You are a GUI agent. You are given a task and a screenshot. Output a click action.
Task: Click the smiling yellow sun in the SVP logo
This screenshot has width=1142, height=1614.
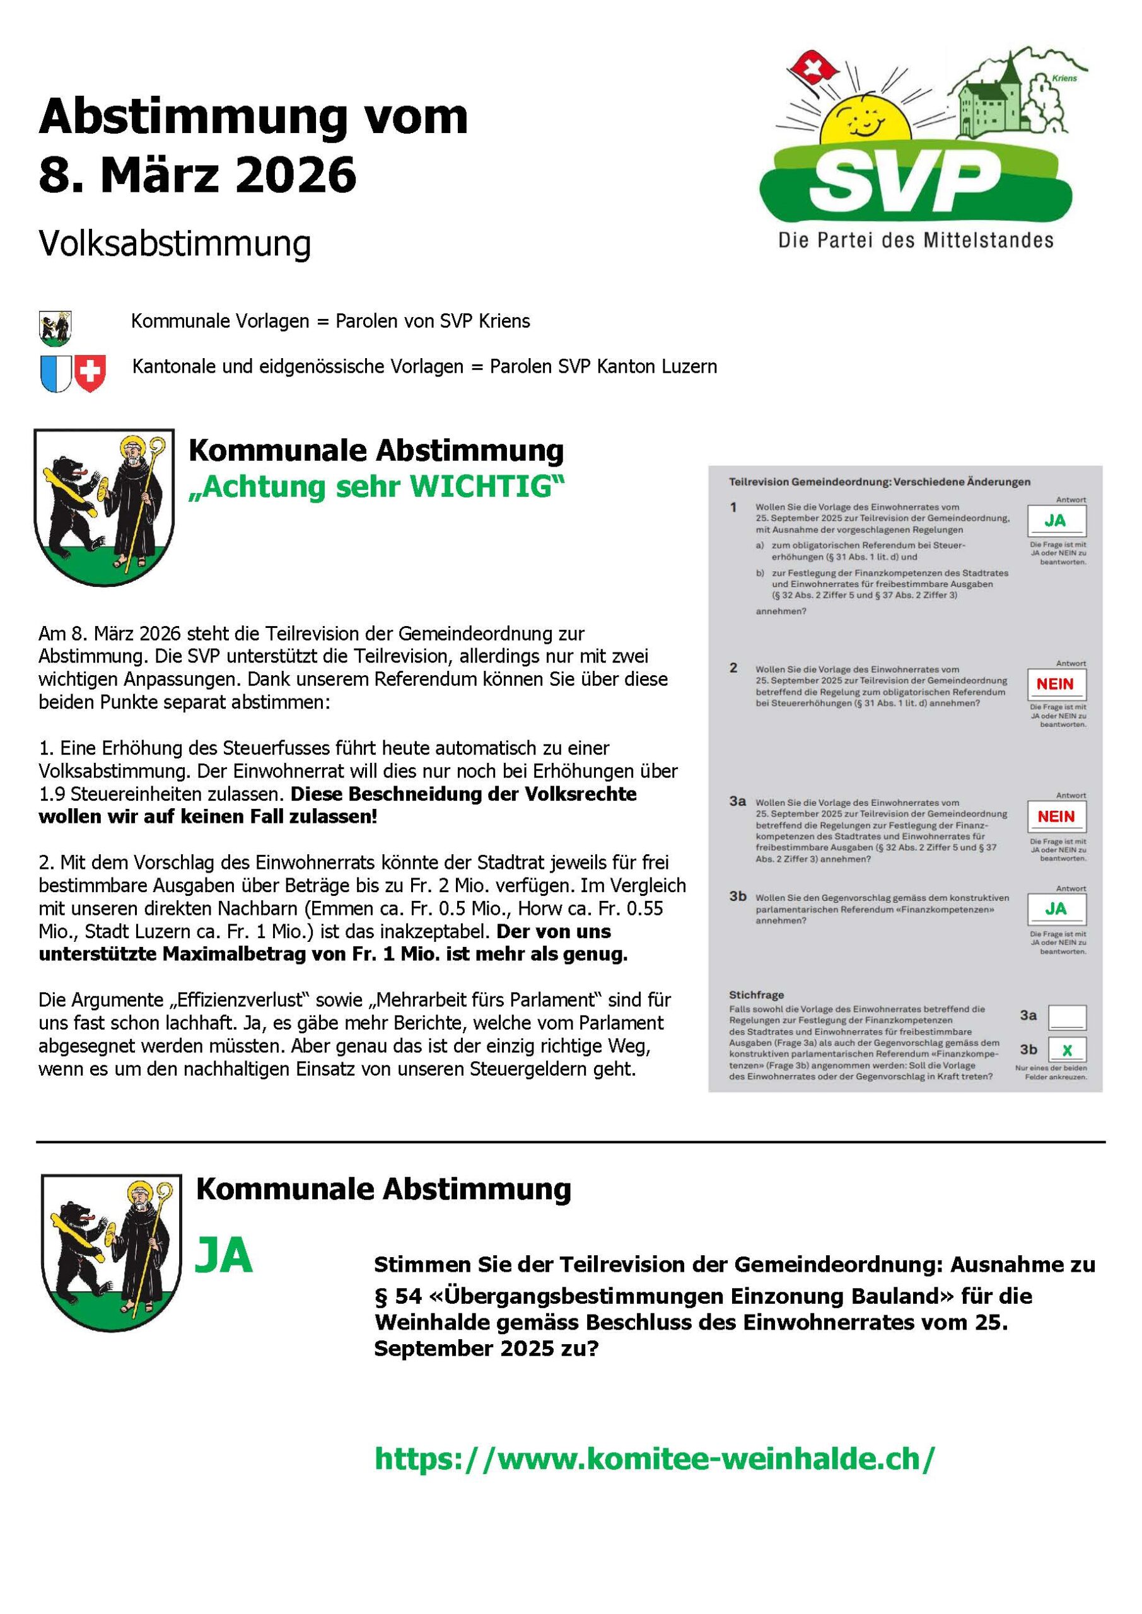pyautogui.click(x=867, y=120)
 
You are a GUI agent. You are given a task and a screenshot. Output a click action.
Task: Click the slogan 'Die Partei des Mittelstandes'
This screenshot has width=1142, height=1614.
pyautogui.click(x=915, y=241)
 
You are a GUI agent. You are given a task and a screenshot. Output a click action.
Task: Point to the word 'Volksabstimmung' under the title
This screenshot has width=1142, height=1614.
pyautogui.click(x=175, y=244)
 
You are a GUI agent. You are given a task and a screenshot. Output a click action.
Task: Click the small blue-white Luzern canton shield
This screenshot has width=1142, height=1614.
pyautogui.click(x=55, y=373)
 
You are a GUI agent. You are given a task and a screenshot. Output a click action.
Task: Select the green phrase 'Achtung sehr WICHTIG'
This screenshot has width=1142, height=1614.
pyautogui.click(x=376, y=487)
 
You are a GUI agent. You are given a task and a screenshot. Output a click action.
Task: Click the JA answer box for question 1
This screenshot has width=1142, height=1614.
pyautogui.click(x=1056, y=521)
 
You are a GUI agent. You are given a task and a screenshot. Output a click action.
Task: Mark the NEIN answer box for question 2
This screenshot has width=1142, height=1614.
pyautogui.click(x=1056, y=684)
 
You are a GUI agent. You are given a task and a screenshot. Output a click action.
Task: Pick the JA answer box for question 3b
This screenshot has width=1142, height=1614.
pyautogui.click(x=1056, y=909)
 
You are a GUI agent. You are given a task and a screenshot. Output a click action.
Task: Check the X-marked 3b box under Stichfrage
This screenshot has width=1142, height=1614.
pyautogui.click(x=1067, y=1051)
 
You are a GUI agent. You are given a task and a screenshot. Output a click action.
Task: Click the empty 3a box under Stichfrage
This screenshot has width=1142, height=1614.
pyautogui.click(x=1067, y=1016)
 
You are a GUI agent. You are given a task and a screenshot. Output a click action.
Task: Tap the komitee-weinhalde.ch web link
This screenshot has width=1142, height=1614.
pyautogui.click(x=655, y=1459)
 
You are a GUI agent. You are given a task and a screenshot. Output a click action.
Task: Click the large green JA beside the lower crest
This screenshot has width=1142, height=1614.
pyautogui.click(x=224, y=1255)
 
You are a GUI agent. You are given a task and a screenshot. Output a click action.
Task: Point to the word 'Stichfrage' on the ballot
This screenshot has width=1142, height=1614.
pyautogui.click(x=756, y=995)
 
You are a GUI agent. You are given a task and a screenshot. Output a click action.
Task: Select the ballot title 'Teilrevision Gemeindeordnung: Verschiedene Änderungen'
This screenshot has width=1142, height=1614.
pyautogui.click(x=879, y=482)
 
